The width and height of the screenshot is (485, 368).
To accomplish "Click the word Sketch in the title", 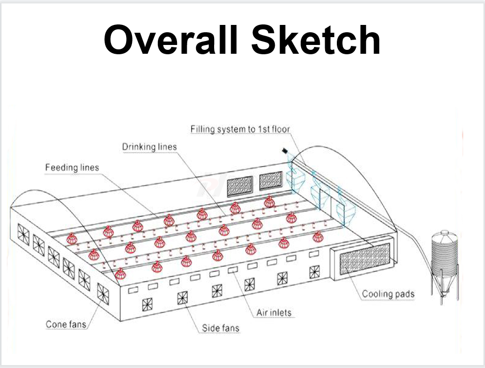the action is click(315, 40).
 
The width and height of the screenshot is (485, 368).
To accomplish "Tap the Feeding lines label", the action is click(72, 168).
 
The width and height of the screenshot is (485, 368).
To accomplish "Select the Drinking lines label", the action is click(150, 147).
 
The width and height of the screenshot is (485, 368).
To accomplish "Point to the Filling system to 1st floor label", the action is click(240, 129).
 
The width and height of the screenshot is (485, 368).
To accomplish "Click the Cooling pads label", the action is click(388, 294).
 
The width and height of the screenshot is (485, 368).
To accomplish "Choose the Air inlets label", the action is click(274, 313).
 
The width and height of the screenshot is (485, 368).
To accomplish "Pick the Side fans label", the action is click(220, 328).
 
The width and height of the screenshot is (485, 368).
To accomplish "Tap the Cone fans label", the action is click(66, 325).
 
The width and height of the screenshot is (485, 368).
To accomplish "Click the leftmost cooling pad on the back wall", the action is click(240, 186).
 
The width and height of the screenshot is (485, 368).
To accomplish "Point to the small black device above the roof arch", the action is click(285, 151).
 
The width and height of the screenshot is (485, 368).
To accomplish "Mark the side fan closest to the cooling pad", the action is click(314, 272).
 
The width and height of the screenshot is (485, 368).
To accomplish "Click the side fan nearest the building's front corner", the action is click(147, 304).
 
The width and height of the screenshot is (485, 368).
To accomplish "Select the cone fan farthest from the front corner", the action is click(23, 234).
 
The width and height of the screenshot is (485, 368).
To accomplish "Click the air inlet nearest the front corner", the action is click(133, 290).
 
